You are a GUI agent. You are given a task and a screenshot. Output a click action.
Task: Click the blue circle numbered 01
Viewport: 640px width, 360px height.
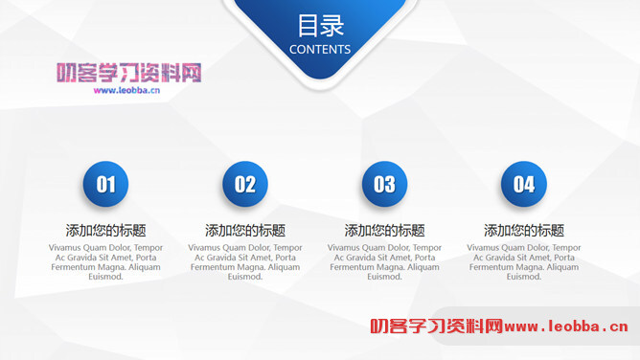(x=105, y=184)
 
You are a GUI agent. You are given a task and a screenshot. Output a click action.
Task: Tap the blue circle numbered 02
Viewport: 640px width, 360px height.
(x=245, y=184)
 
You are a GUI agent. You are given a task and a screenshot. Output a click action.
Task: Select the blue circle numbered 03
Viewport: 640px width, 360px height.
(x=384, y=184)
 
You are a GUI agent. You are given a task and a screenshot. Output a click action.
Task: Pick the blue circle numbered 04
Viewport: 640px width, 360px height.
(x=524, y=184)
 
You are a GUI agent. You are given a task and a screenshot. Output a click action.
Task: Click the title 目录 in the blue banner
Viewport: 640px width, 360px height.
(x=320, y=26)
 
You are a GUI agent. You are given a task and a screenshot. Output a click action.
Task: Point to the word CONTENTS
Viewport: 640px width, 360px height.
(x=320, y=49)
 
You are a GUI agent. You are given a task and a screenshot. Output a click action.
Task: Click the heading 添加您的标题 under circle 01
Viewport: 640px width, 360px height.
(x=105, y=231)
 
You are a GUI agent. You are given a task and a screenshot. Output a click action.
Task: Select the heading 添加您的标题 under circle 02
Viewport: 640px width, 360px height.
(x=245, y=231)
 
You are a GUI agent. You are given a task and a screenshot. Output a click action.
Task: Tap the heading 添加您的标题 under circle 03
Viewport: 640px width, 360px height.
(x=384, y=231)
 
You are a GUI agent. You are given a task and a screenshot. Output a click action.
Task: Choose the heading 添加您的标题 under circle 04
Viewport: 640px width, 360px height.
(x=524, y=231)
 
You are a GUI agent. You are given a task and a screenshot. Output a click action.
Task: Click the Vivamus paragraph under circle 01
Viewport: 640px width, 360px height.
(x=105, y=261)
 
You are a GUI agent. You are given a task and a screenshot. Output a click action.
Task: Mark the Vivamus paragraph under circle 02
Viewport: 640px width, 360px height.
(x=245, y=261)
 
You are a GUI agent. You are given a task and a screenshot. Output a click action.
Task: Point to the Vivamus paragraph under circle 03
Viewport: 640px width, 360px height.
(x=384, y=261)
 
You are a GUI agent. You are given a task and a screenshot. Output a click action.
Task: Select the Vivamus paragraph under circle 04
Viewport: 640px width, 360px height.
(x=524, y=261)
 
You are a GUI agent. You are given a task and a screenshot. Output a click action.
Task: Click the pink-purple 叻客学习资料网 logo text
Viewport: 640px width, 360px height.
(x=128, y=73)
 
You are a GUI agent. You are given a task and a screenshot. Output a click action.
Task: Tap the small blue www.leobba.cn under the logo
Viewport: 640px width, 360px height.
(x=126, y=91)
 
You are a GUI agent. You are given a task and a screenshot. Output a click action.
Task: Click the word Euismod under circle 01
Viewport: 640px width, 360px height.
(x=105, y=277)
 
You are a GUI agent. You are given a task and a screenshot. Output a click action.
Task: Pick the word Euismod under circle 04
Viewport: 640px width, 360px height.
(x=524, y=277)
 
